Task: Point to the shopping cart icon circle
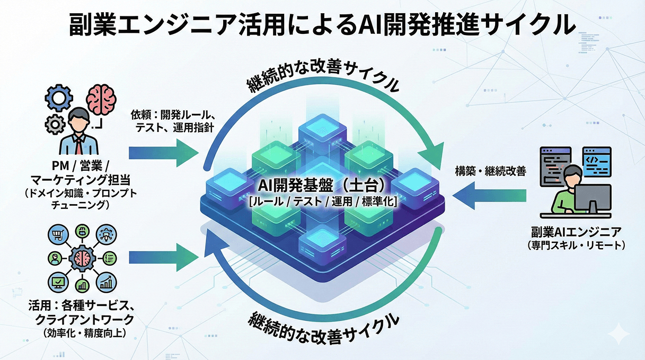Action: [58, 233]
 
